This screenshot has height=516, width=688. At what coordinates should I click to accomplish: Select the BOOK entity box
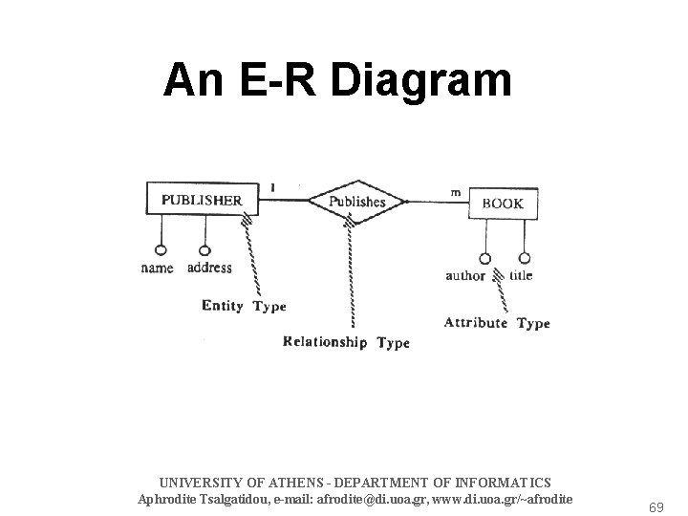tap(504, 203)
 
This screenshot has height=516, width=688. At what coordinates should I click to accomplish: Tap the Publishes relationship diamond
tap(356, 201)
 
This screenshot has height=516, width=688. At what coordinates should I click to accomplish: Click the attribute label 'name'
tap(158, 269)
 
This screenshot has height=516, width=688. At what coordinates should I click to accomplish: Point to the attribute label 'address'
tap(209, 268)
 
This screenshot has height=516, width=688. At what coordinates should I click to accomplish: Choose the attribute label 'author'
tap(465, 276)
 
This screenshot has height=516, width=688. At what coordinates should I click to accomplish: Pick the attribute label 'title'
tap(522, 275)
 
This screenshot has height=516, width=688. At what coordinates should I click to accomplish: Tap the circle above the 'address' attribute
tap(204, 250)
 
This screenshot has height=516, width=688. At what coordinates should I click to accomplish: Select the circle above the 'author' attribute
tap(485, 258)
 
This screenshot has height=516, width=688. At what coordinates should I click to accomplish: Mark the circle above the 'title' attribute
tap(525, 258)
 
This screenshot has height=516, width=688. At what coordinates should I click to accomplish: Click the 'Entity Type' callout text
tap(244, 307)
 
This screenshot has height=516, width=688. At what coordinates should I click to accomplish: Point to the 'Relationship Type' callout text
tap(346, 342)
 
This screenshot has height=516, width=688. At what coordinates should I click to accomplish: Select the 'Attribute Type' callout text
tap(497, 323)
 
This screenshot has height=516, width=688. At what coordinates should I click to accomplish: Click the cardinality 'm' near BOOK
tap(456, 192)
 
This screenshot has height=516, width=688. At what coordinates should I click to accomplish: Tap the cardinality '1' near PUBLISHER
tap(274, 187)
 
